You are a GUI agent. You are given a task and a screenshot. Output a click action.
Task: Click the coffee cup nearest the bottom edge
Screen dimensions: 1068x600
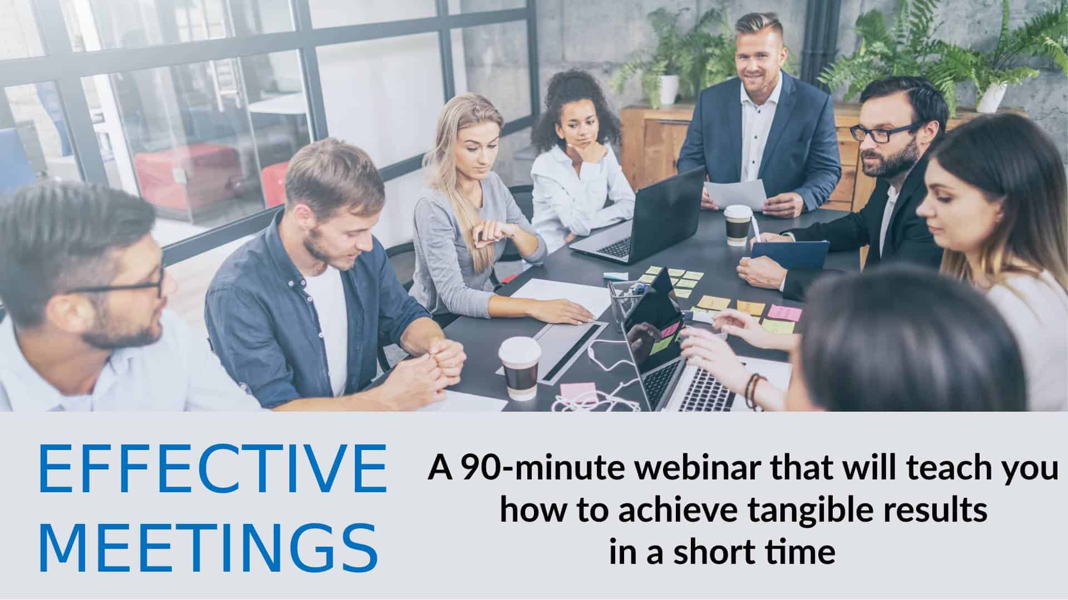coord(520,367)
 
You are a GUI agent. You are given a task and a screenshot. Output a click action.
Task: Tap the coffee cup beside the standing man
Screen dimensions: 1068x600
coord(738,224)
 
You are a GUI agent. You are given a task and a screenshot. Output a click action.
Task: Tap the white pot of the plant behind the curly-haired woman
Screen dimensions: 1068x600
coord(669,89)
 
